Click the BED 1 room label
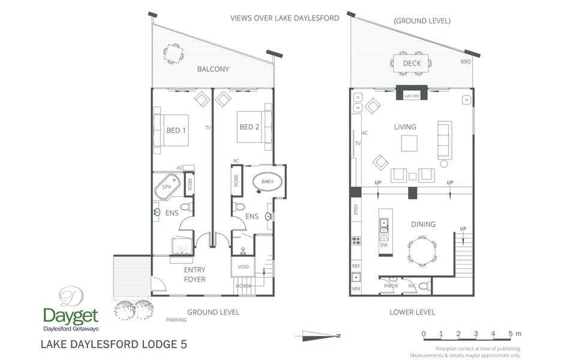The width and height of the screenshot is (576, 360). [x=176, y=130]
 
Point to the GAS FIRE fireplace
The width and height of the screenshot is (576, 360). [x=412, y=95]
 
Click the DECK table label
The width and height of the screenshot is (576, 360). [x=412, y=63]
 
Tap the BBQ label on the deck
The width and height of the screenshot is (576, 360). [x=466, y=62]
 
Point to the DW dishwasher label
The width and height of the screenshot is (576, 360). [x=384, y=245]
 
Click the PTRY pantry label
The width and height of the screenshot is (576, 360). [x=356, y=209]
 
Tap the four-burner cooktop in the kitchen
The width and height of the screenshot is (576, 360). [x=356, y=241]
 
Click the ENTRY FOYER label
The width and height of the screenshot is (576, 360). [x=194, y=275]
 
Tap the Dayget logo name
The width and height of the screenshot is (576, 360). [x=71, y=315]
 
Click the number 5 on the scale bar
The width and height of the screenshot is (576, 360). [x=510, y=334]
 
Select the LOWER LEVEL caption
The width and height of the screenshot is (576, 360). [x=412, y=312]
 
